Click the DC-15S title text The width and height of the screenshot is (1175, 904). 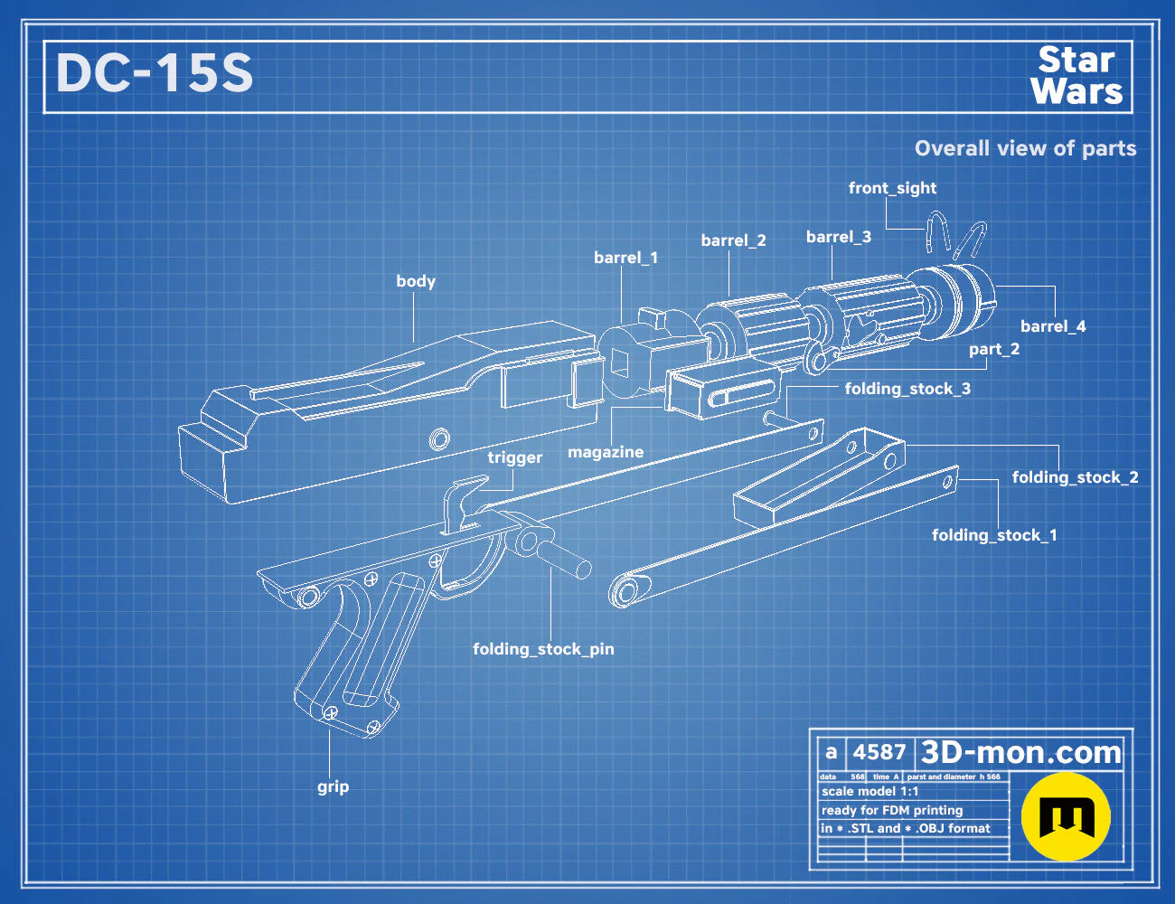coord(155,73)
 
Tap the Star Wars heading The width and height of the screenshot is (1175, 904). coord(1077,75)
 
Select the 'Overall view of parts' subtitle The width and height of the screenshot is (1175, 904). coord(1025,148)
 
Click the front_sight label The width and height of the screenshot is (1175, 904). coord(892,188)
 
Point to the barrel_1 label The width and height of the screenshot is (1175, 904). coord(626,258)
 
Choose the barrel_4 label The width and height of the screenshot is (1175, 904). coord(1053,326)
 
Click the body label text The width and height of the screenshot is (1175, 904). coord(416,281)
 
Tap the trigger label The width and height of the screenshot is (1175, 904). coord(515,457)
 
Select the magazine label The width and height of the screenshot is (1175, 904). coord(606,451)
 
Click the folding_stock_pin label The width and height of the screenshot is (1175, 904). coord(543,649)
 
